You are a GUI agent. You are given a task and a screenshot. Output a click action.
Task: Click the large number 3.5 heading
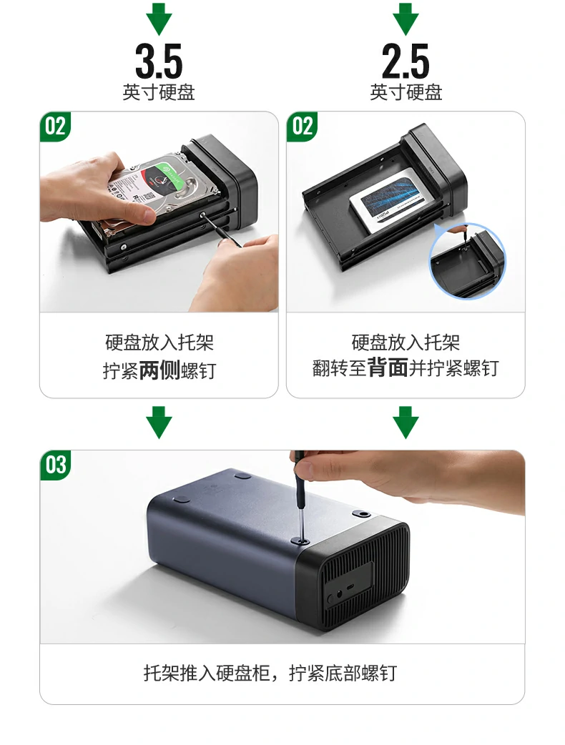tap(159, 62)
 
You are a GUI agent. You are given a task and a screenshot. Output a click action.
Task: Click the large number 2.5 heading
tap(406, 62)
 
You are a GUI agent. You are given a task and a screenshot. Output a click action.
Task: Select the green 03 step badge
tap(56, 465)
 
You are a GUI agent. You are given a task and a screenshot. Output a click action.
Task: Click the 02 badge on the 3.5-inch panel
tap(56, 127)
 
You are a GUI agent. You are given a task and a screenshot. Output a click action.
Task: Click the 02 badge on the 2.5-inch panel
tap(303, 127)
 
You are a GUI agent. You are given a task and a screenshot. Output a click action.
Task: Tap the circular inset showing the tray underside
tap(468, 260)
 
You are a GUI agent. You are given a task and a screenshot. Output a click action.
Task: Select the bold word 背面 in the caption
tap(388, 368)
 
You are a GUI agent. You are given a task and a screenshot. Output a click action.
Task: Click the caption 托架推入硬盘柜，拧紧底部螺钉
tap(270, 673)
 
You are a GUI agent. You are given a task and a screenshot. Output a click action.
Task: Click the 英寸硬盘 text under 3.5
tap(159, 93)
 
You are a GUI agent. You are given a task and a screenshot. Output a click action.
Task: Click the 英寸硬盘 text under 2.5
tap(406, 93)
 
